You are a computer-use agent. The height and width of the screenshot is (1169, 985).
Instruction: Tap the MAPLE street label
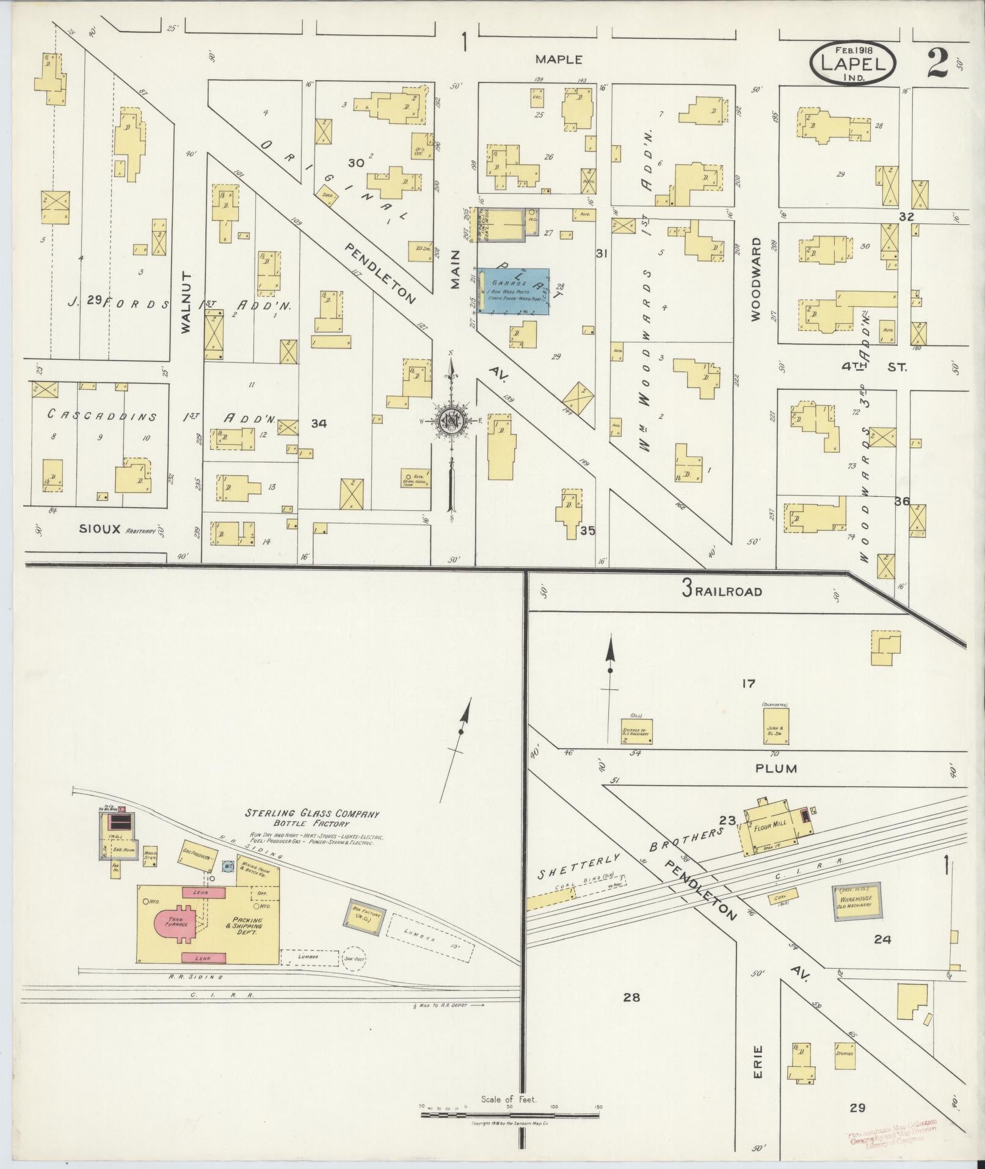tap(559, 59)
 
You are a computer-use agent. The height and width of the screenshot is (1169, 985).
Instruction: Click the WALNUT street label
tap(187, 302)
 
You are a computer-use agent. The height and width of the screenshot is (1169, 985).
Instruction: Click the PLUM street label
tap(776, 769)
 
